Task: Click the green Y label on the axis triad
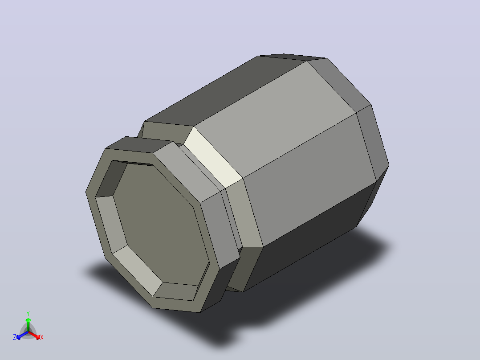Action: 28,313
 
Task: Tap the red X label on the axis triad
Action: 42,337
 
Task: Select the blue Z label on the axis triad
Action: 15,337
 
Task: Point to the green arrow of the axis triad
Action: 28,325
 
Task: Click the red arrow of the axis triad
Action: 34,335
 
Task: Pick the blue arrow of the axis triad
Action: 22,335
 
